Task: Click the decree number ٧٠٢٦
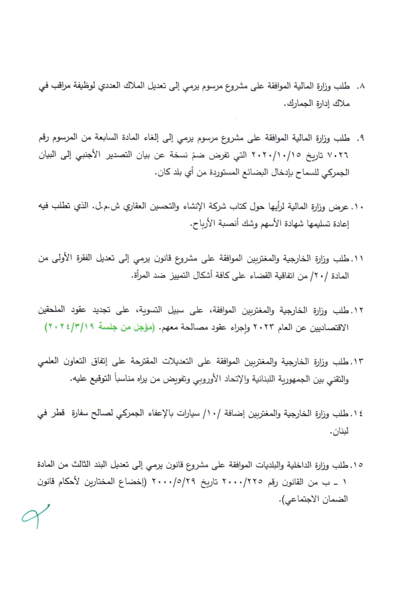[x=338, y=156]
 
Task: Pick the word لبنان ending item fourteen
[x=340, y=431]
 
